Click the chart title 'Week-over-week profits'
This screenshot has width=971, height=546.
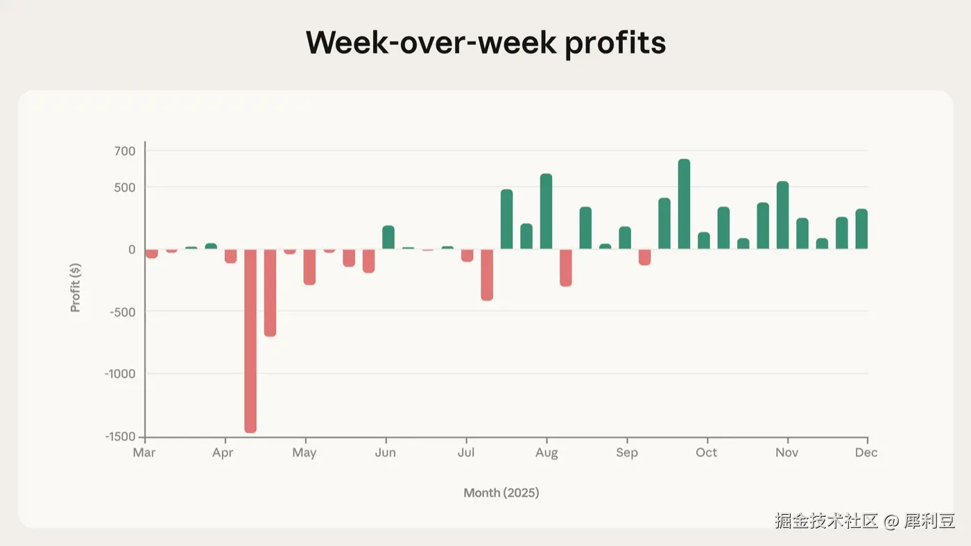coord(486,43)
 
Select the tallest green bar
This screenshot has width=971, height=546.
coord(684,204)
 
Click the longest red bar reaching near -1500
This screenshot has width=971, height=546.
coord(250,341)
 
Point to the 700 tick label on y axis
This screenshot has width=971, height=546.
coord(125,151)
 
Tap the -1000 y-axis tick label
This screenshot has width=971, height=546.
coord(120,374)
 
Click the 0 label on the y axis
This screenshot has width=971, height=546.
coord(132,249)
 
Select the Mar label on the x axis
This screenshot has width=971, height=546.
coord(144,452)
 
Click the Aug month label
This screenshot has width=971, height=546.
coord(547,453)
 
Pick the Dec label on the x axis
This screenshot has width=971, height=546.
coord(866,452)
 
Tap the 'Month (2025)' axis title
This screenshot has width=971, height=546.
coord(501,493)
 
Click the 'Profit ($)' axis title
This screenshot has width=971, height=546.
coord(76,287)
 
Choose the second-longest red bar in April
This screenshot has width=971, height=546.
coord(270,293)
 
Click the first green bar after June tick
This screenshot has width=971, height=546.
coord(388,237)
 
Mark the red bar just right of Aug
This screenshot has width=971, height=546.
coord(566,268)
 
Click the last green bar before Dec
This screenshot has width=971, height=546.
coord(861,229)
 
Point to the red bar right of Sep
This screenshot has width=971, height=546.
coord(644,257)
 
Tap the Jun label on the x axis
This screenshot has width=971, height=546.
coord(386,452)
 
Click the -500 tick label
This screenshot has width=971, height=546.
coord(123,312)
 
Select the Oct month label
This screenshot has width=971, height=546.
coord(706,452)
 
